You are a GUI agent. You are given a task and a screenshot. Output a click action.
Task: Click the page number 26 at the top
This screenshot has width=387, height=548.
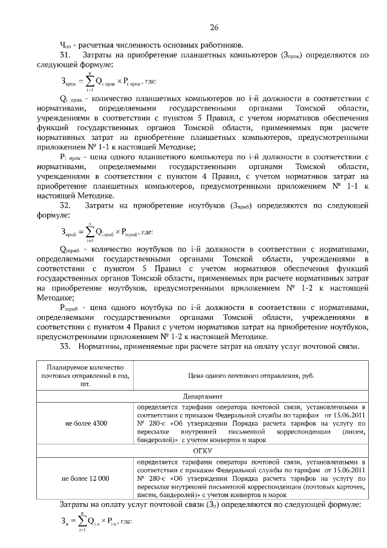point(214,27)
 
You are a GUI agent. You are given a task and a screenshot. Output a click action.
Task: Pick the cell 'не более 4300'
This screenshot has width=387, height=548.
point(85,423)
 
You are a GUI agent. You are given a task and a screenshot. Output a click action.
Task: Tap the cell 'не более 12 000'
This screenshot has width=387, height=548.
point(85,478)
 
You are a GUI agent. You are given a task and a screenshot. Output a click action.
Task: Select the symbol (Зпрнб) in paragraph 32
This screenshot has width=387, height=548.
point(248,206)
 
